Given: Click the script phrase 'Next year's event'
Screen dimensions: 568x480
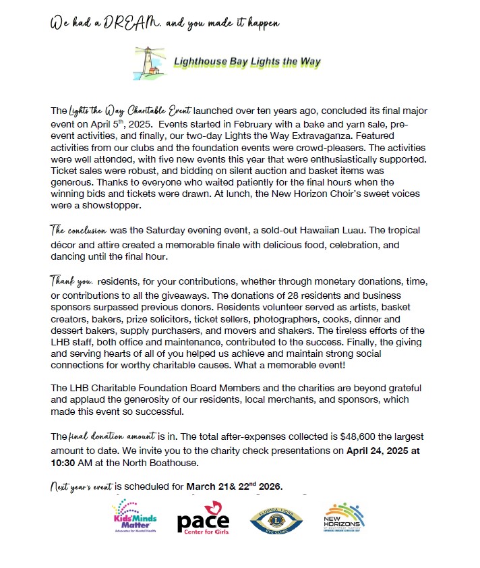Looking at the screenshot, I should (83, 486).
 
